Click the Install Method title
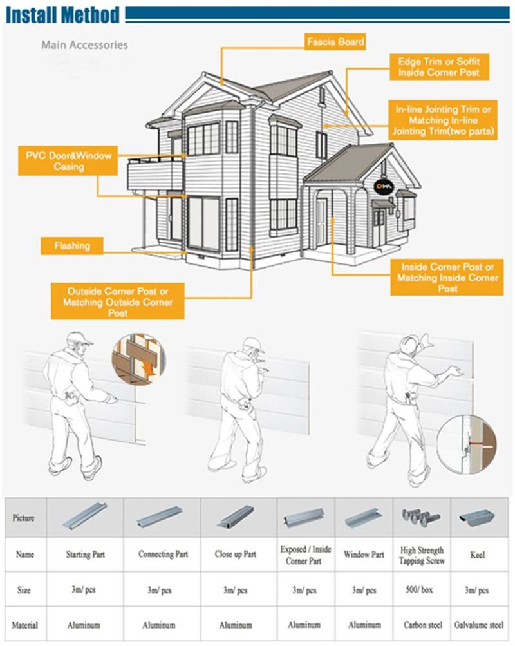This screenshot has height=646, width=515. pyautogui.click(x=62, y=14)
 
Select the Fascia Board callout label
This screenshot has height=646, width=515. pyautogui.click(x=335, y=43)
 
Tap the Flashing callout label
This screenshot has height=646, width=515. pyautogui.click(x=72, y=246)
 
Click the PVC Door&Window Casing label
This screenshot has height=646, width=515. pyautogui.click(x=68, y=161)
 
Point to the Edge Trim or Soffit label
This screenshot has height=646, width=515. pyautogui.click(x=438, y=67)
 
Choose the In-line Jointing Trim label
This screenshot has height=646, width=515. pyautogui.click(x=444, y=120)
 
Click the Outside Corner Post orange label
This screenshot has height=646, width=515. pyautogui.click(x=118, y=301)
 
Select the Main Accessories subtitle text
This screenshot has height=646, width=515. pyautogui.click(x=84, y=45)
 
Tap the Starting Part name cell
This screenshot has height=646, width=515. pyautogui.click(x=86, y=555)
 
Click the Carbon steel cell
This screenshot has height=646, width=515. pyautogui.click(x=421, y=625)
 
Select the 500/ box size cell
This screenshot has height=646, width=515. pyautogui.click(x=421, y=590)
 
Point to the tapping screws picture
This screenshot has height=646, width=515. pyautogui.click(x=421, y=517)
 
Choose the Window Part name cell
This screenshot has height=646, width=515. pyautogui.click(x=364, y=555)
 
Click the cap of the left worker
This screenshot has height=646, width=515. pyautogui.click(x=79, y=339)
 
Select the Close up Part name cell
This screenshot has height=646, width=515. pyautogui.click(x=236, y=555)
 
